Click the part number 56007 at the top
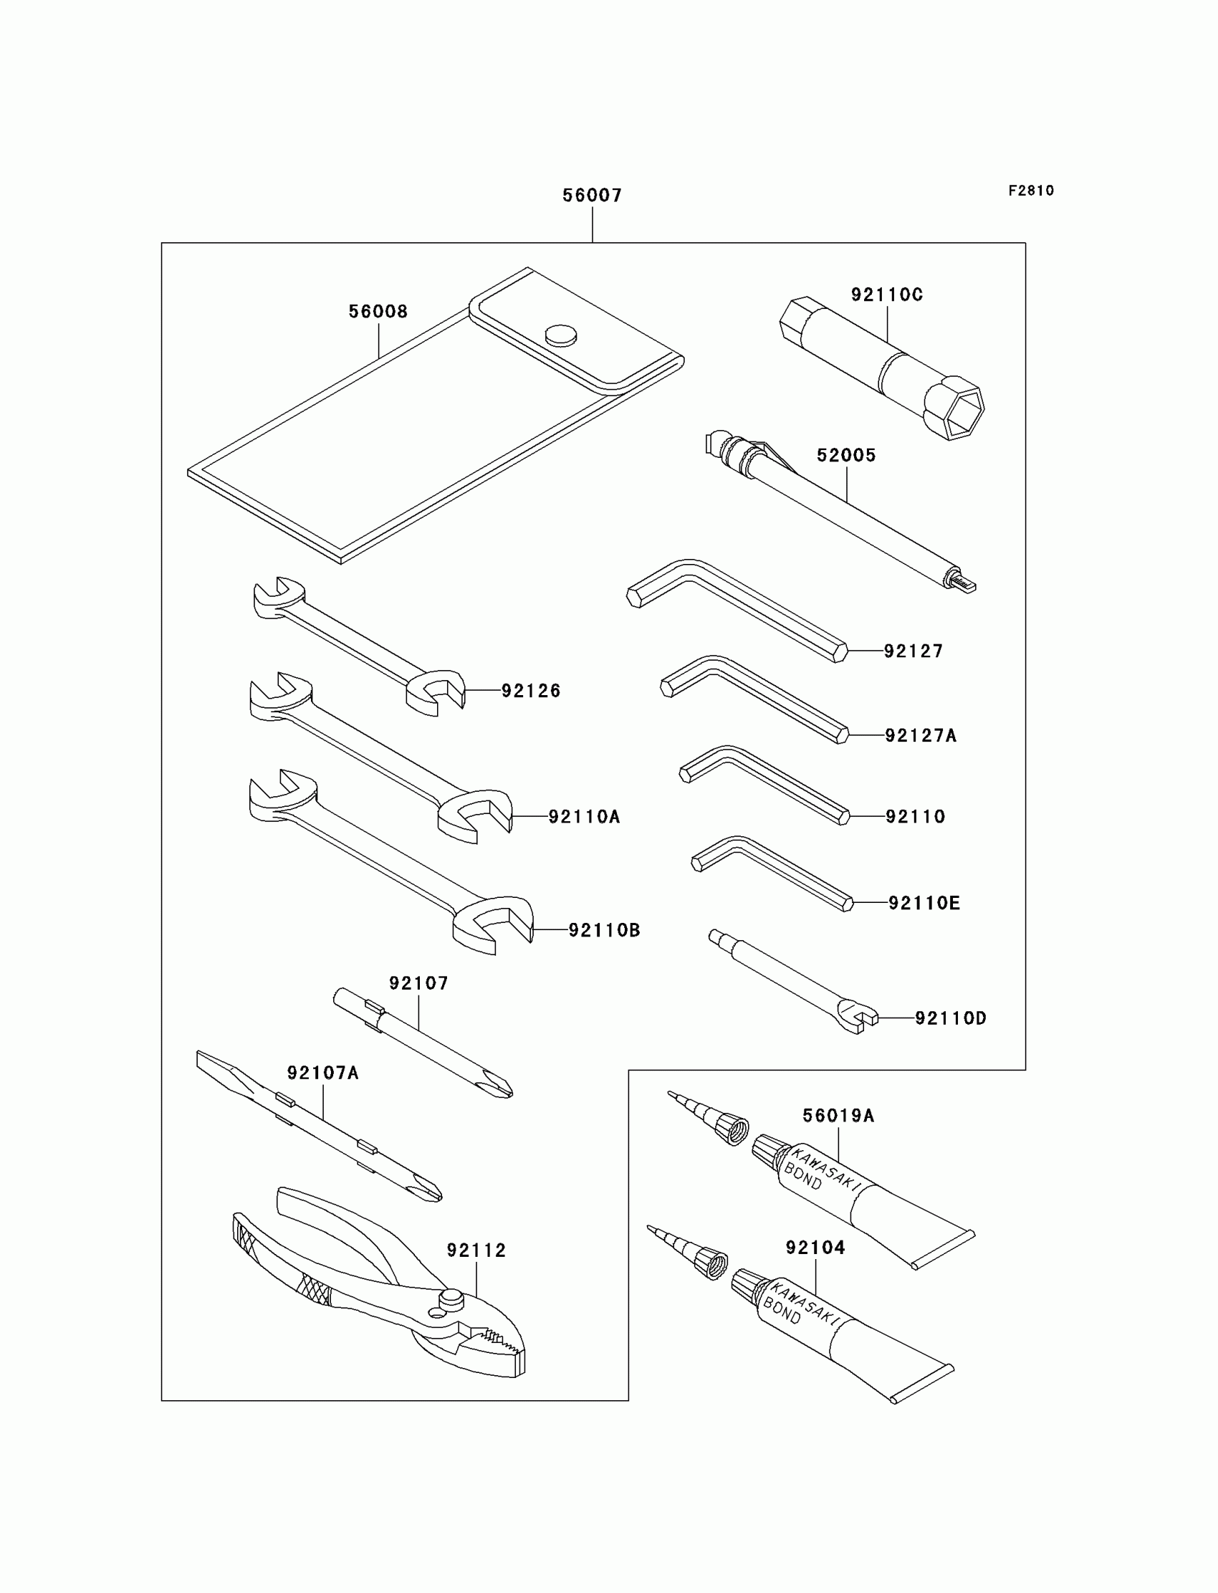point(592,195)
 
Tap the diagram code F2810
point(1031,191)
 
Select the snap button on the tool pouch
point(561,334)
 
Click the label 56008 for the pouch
point(378,312)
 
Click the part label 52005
point(846,455)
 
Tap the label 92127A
point(921,736)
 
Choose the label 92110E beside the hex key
point(924,903)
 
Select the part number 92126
point(531,691)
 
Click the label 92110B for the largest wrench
point(604,930)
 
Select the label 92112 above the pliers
point(476,1250)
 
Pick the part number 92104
point(815,1248)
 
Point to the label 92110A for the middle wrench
point(584,817)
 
